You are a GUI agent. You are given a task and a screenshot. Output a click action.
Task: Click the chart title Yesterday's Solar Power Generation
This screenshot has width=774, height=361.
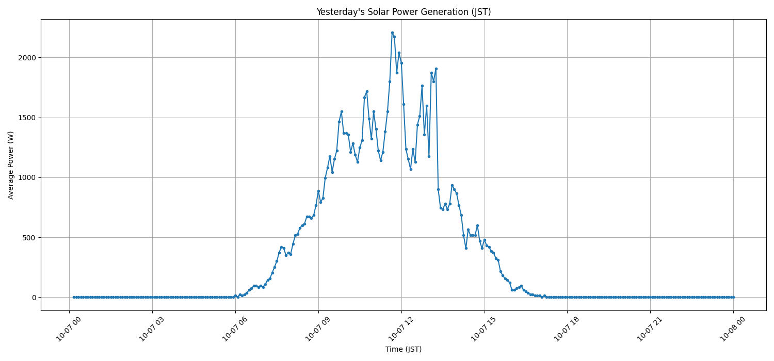(x=403, y=12)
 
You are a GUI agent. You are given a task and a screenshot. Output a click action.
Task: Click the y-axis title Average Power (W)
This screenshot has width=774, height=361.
(x=11, y=165)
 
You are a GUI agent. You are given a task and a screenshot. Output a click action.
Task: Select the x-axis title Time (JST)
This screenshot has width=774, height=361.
(x=403, y=349)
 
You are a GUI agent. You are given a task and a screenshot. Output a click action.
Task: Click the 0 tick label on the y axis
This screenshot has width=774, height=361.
(x=34, y=298)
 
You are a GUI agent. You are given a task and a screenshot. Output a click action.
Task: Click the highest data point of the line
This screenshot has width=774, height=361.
(x=392, y=32)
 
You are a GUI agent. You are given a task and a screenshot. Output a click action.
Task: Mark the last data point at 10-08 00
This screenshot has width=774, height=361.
(x=733, y=297)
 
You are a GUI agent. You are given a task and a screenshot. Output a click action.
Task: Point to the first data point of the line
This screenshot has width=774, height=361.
(x=74, y=297)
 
